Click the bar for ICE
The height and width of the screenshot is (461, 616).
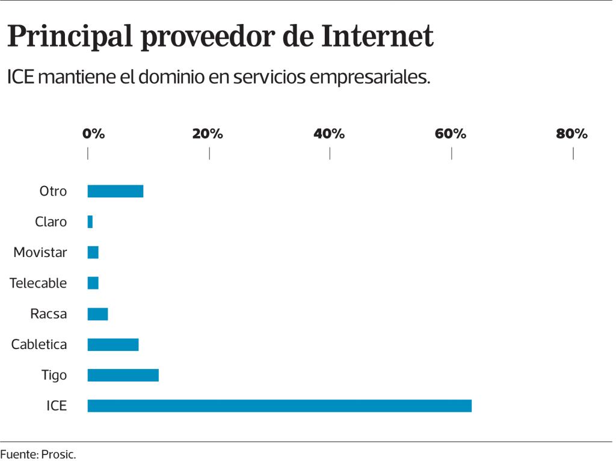pyautogui.click(x=279, y=406)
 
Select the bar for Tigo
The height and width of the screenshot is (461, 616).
pyautogui.click(x=123, y=375)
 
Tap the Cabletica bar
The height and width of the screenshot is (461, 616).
pyautogui.click(x=113, y=344)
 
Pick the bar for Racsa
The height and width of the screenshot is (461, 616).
pyautogui.click(x=97, y=314)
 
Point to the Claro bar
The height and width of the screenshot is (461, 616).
pyautogui.click(x=90, y=221)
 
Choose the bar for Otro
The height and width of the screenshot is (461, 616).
pyautogui.click(x=115, y=191)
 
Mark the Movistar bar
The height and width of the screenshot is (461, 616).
pyautogui.click(x=93, y=252)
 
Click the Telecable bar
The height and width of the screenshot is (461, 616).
pyautogui.click(x=93, y=283)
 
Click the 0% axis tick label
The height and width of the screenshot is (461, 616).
pyautogui.click(x=94, y=134)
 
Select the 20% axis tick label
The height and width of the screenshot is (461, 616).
pyautogui.click(x=208, y=134)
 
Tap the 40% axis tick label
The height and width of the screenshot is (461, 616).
pyautogui.click(x=329, y=134)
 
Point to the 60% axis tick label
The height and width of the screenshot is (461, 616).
pyautogui.click(x=451, y=134)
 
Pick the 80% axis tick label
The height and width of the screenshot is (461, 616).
pyautogui.click(x=571, y=134)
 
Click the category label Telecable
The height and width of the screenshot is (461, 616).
pyautogui.click(x=38, y=283)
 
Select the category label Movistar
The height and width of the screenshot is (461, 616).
pyautogui.click(x=40, y=252)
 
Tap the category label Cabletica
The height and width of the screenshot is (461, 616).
pyautogui.click(x=39, y=344)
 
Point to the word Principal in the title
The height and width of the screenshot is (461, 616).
pyautogui.click(x=70, y=37)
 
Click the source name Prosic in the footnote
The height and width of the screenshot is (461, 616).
pyautogui.click(x=58, y=454)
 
